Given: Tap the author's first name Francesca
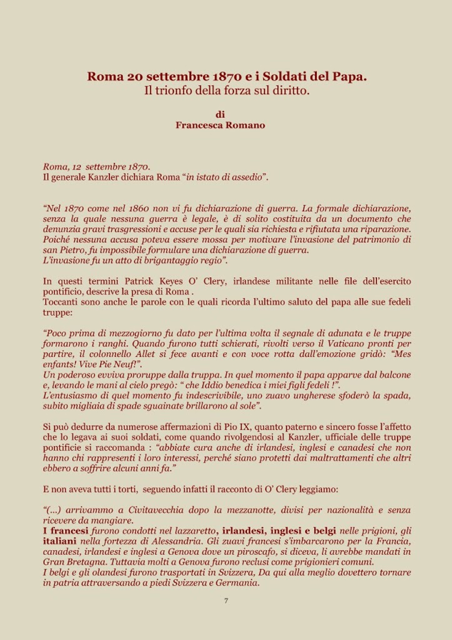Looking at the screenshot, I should (201, 125).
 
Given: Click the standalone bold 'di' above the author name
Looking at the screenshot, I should (220, 114).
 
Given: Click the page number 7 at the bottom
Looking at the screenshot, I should (226, 601).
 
